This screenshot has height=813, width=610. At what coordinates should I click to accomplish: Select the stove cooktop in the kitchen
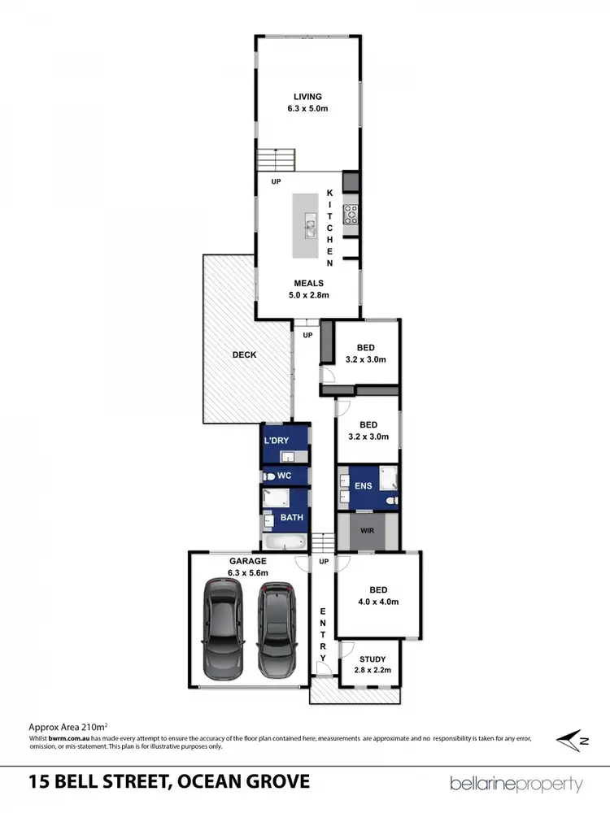[x=351, y=214]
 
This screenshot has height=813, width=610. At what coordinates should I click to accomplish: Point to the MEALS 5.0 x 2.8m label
[x=308, y=289]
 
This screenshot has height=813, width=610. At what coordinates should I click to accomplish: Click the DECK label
[x=244, y=355]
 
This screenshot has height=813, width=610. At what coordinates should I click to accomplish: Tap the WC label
[x=284, y=475]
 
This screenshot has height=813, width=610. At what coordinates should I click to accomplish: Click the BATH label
[x=293, y=516]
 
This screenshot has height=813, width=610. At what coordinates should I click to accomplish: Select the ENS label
[x=363, y=486]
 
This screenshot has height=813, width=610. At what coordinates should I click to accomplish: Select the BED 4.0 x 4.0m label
[x=378, y=596]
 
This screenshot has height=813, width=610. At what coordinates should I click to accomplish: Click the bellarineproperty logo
[x=516, y=784]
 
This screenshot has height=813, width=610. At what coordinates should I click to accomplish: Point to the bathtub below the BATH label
[x=285, y=542]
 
